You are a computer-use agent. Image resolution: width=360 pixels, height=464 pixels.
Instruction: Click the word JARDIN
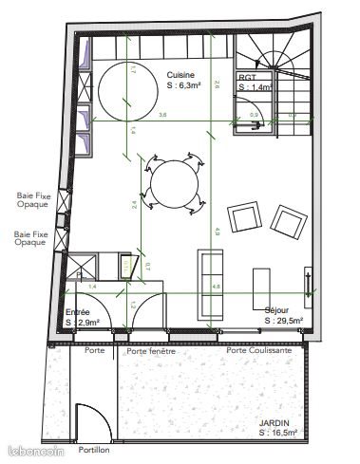tap(274, 423)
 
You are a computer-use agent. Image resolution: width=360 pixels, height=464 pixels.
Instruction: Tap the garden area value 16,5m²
tap(280, 433)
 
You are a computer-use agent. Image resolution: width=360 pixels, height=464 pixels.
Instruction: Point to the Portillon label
tap(94, 450)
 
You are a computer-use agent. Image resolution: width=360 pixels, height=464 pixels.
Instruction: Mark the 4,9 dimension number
tap(218, 230)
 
